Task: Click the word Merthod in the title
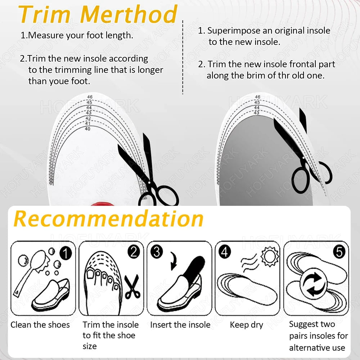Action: pyautogui.click(x=129, y=14)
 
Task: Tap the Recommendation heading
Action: pyautogui.click(x=109, y=219)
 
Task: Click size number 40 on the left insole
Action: pyautogui.click(x=87, y=129)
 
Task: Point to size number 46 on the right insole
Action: pyautogui.click(x=258, y=97)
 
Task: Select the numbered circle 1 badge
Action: pyautogui.click(x=66, y=254)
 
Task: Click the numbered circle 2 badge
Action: pyautogui.click(x=134, y=252)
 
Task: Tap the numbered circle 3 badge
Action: pyautogui.click(x=157, y=252)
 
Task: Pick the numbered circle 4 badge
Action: pyautogui.click(x=225, y=252)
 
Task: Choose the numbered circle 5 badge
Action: pyautogui.click(x=339, y=252)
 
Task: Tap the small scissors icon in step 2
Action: pyautogui.click(x=132, y=287)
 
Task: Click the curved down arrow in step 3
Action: pyautogui.click(x=174, y=261)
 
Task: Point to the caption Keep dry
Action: pyautogui.click(x=247, y=325)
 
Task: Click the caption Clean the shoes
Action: pyautogui.click(x=40, y=325)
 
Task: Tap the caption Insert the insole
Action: pyautogui.click(x=180, y=325)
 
